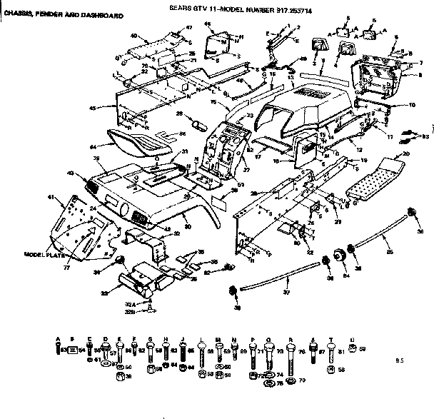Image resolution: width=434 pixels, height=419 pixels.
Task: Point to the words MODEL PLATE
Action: tap(45, 254)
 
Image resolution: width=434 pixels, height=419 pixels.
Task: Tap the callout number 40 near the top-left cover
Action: tap(134, 35)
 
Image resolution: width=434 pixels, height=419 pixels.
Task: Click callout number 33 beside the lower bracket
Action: tap(106, 292)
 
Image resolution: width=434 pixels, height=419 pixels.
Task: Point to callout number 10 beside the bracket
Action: tap(412, 105)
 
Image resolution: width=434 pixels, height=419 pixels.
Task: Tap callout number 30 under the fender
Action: tap(188, 226)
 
